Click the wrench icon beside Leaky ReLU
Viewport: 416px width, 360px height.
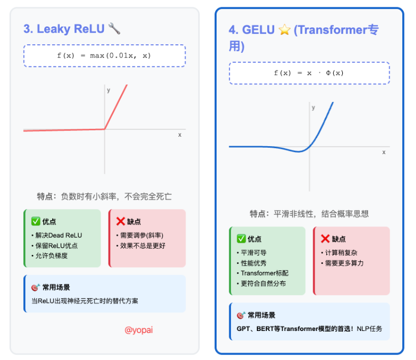tap(114, 29)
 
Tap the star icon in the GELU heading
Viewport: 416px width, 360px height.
tap(285, 30)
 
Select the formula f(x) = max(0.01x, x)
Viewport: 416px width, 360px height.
tap(104, 55)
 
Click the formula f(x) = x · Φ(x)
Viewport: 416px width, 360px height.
tap(309, 73)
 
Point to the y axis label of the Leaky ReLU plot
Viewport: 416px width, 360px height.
tap(109, 90)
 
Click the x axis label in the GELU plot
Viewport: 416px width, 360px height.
tap(383, 152)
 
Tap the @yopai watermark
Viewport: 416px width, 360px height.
tap(139, 330)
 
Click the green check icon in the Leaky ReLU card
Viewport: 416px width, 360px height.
tap(35, 222)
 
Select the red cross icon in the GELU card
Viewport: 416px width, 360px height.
tap(325, 239)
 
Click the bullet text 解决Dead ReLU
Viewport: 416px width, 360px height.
tap(59, 235)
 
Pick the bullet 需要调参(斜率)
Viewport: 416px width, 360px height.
tap(142, 235)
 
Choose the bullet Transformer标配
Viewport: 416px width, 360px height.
tap(264, 273)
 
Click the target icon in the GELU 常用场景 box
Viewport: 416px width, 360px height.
tap(240, 315)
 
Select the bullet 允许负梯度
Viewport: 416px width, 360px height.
tap(52, 255)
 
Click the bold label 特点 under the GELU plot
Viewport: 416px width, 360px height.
tap(258, 214)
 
